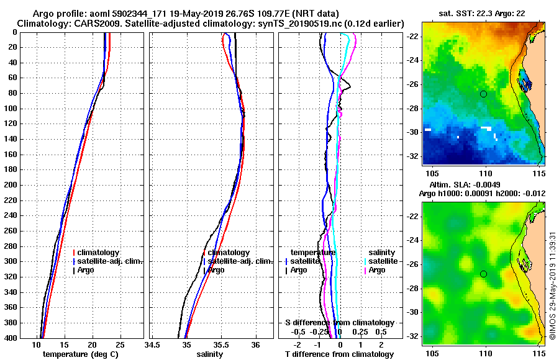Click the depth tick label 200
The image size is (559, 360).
(x=11, y=185)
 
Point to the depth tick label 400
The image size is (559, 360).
(x=11, y=338)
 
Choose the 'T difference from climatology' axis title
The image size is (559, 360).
(x=339, y=354)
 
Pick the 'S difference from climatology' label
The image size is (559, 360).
(x=339, y=323)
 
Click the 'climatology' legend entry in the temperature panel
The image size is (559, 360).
(x=99, y=253)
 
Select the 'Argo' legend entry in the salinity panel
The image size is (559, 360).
(x=216, y=270)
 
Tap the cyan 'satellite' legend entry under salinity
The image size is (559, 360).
(x=383, y=261)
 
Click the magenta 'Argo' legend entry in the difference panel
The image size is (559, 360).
(x=377, y=270)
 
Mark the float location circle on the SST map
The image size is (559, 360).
(x=483, y=94)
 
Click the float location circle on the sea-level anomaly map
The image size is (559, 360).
(x=483, y=274)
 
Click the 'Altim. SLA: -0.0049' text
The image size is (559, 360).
(x=459, y=185)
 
